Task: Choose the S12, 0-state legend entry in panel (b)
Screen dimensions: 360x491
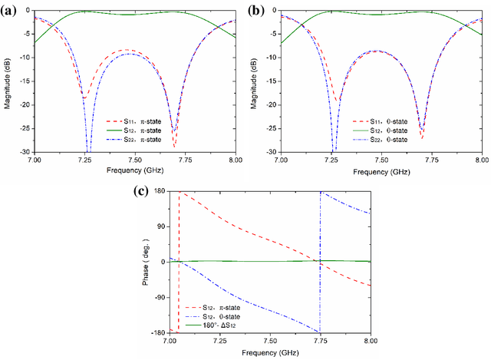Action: pyautogui.click(x=381, y=130)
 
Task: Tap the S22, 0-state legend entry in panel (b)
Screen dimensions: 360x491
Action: pyautogui.click(x=381, y=140)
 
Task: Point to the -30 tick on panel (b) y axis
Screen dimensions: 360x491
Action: pyautogui.click(x=271, y=152)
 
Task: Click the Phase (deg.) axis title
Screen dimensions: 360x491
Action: pyautogui.click(x=147, y=263)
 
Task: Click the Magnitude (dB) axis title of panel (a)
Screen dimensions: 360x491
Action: pyautogui.click(x=7, y=81)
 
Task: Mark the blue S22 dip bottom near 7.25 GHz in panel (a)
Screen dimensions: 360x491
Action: pyautogui.click(x=87, y=150)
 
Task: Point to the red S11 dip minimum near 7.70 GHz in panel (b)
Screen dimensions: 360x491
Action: pyautogui.click(x=422, y=138)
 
